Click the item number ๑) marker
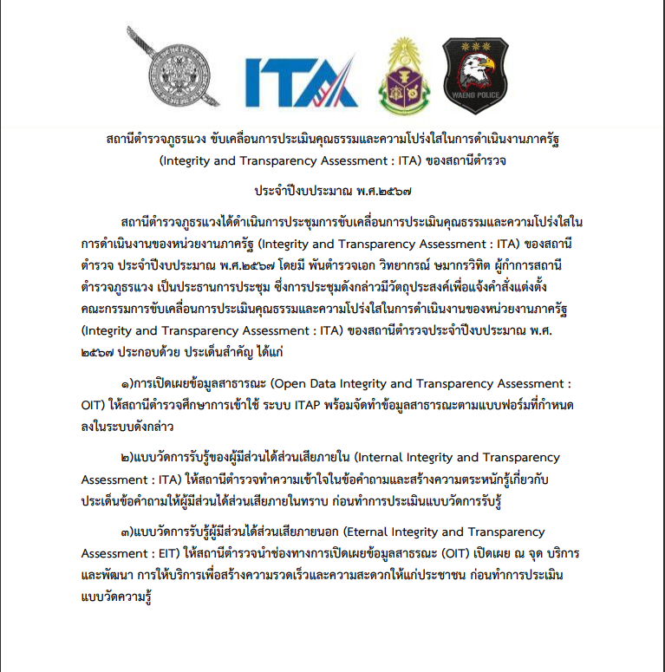tap(127, 384)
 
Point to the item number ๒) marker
tap(127, 458)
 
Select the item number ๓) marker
tap(127, 532)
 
